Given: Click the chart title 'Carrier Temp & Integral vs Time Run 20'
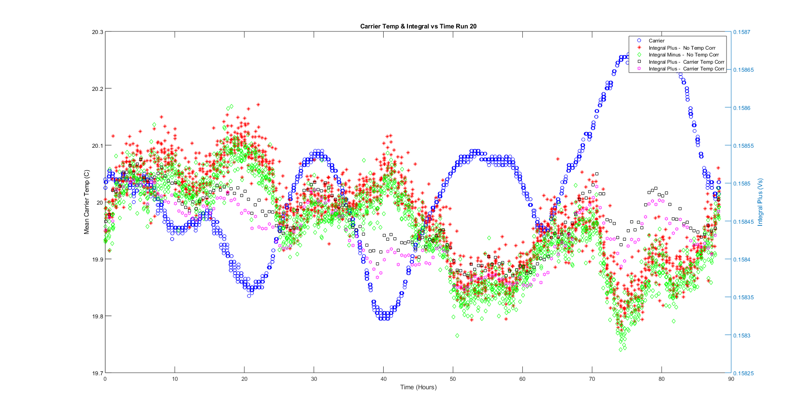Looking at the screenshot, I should click(x=418, y=26).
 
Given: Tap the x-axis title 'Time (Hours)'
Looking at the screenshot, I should click(x=418, y=387).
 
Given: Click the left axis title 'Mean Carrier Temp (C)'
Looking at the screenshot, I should click(x=87, y=202).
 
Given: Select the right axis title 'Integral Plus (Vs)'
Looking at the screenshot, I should click(x=760, y=202).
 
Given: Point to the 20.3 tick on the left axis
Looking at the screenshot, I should click(x=98, y=32).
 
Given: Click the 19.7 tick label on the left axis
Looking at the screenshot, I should click(x=98, y=373).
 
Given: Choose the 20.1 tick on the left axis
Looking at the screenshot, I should click(x=98, y=146).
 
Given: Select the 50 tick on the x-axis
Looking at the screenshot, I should click(x=453, y=379).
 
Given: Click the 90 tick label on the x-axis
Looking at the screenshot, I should click(x=731, y=379).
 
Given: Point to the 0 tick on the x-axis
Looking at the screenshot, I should click(x=105, y=379).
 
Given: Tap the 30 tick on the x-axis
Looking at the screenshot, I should click(x=314, y=379).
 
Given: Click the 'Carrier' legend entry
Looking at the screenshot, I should click(x=656, y=41).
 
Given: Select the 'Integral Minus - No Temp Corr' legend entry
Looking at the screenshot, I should click(x=684, y=55).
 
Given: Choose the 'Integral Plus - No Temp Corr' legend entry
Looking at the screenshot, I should click(x=682, y=48).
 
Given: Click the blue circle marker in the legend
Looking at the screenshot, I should click(x=639, y=41).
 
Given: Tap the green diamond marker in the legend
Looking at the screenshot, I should click(x=639, y=55).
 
